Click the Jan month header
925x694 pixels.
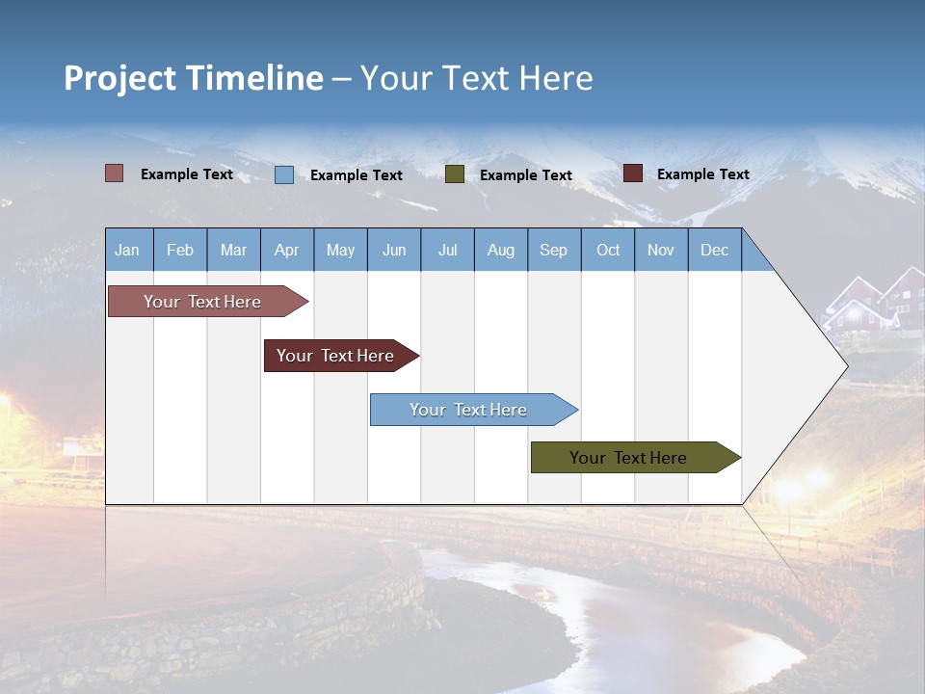coord(128,250)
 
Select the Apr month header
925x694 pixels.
coord(287,250)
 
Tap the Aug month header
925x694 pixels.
coord(501,250)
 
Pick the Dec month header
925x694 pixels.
coord(715,250)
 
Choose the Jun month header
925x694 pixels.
coord(394,250)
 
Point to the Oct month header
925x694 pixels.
coord(608,250)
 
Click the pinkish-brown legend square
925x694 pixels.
coord(115,173)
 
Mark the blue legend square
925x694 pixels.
coord(284,174)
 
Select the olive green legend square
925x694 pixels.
coord(455,174)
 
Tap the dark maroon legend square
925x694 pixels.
coord(633,173)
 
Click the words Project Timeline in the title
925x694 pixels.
coord(194,78)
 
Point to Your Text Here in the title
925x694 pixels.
coord(476,78)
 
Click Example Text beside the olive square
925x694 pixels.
coord(526,175)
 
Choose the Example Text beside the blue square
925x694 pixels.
coord(357,175)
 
